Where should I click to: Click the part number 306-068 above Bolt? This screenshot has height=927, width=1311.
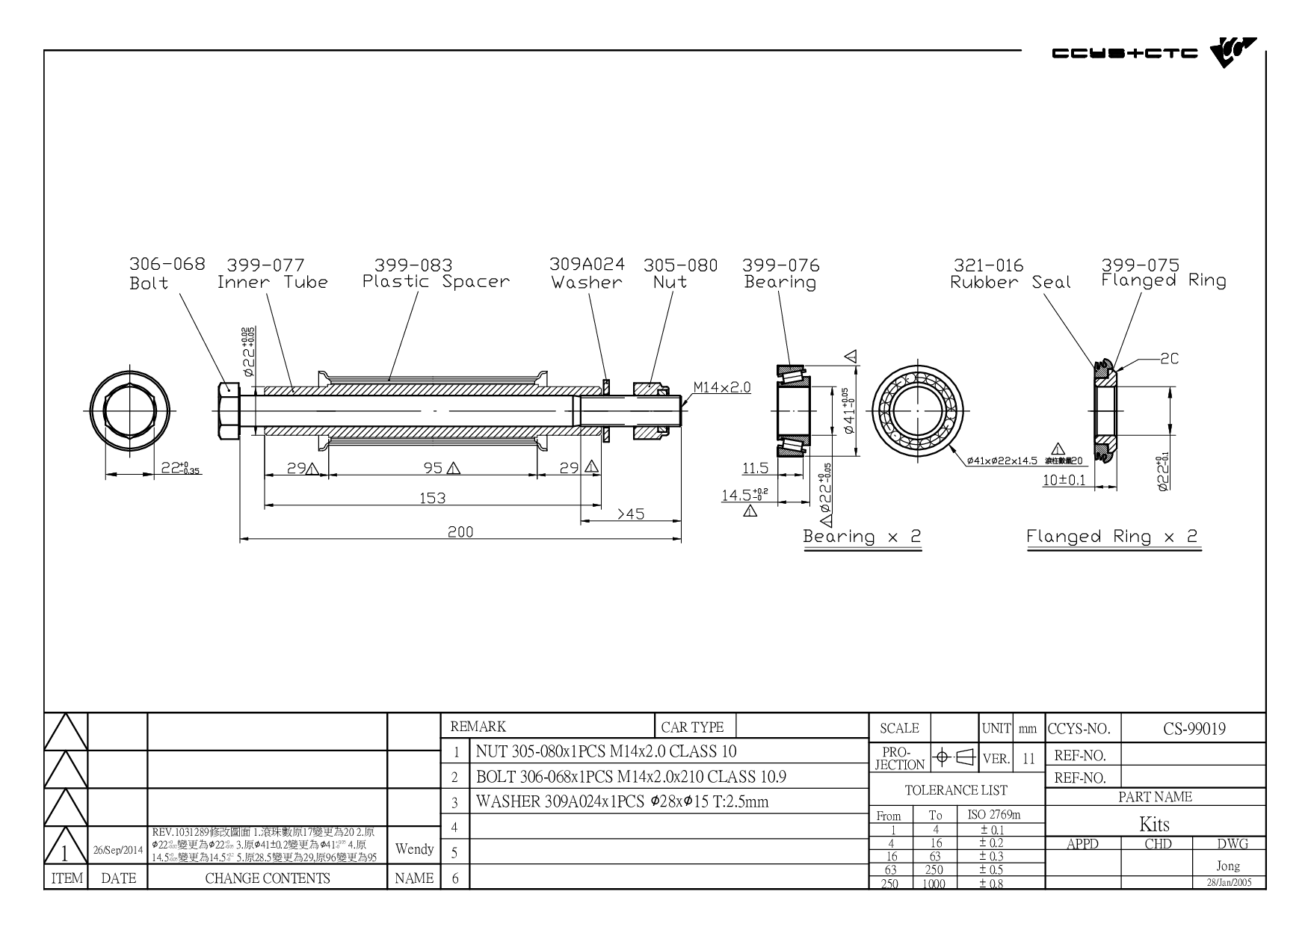167,264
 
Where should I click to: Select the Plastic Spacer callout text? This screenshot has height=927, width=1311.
436,282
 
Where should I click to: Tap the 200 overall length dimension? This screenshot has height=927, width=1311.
460,532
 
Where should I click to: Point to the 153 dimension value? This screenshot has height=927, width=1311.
432,498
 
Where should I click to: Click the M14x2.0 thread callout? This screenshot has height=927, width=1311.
721,387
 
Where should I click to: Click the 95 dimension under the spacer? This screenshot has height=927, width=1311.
434,468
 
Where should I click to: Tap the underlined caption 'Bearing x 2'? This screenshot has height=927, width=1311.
862,537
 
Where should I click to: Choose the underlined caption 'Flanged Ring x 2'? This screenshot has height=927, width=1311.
1112,537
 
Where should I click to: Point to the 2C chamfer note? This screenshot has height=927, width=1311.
1169,359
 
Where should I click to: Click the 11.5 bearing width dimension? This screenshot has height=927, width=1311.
755,469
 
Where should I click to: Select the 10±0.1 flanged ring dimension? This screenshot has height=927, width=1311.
1064,479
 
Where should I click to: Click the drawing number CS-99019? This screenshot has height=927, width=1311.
1194,729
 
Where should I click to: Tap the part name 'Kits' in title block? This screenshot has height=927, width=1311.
1154,825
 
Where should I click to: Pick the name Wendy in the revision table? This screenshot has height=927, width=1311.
414,849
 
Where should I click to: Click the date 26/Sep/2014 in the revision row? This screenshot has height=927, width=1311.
117,851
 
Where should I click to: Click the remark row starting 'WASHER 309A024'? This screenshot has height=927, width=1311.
622,802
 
